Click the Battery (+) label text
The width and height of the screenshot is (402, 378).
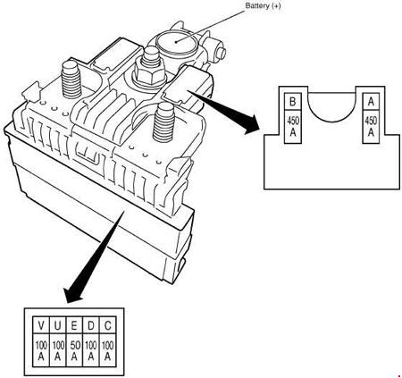263,5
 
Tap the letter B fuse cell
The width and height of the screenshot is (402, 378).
293,102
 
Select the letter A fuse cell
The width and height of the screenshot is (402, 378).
371,102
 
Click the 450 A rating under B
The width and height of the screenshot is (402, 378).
293,127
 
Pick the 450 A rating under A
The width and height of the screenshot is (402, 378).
371,127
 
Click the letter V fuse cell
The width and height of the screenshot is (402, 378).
41,325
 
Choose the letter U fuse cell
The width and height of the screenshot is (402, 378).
58,325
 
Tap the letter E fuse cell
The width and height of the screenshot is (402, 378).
74,325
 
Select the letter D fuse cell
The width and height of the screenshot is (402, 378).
91,325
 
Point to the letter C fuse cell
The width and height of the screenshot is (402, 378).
107,325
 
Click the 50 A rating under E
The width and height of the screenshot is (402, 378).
74,350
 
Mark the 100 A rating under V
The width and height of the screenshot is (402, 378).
41,350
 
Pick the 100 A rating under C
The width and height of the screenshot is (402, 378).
107,350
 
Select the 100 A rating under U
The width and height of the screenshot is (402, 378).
58,350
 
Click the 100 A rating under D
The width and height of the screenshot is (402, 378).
91,350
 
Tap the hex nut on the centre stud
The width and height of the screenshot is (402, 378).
149,72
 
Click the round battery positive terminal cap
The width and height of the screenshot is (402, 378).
176,42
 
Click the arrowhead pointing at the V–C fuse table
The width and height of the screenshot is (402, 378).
73,294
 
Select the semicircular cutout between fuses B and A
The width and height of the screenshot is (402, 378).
331,119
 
